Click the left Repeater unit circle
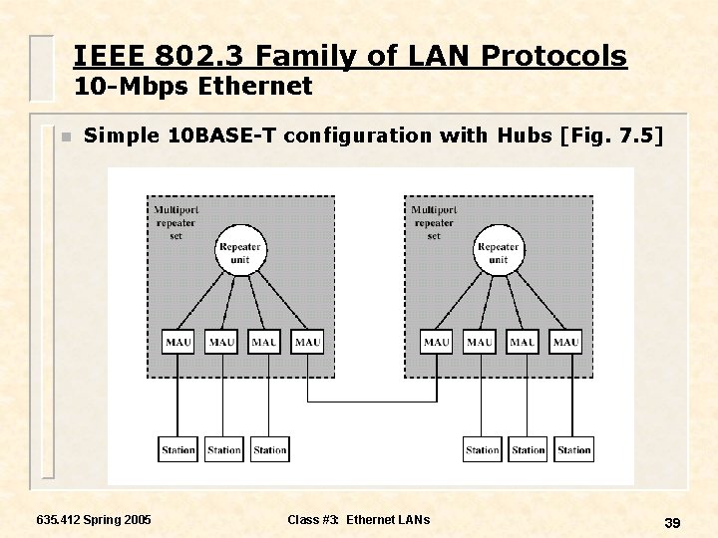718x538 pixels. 239,253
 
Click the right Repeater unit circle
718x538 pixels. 499,253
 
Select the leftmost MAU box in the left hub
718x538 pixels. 179,342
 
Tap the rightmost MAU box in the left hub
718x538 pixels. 308,342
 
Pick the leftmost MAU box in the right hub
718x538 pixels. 437,342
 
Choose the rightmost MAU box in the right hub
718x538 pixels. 565,342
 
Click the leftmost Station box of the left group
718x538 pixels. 178,449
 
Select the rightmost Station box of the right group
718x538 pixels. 573,449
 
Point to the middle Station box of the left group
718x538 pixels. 223,449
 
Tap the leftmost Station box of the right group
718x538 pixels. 483,449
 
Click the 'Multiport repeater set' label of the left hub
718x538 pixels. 176,223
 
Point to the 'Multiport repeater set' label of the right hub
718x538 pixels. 434,223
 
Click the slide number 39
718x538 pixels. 672,523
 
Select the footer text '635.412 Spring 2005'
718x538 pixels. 94,519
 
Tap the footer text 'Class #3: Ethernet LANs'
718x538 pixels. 358,519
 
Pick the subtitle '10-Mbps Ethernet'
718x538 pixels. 193,87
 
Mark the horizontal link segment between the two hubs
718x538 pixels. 372,402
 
